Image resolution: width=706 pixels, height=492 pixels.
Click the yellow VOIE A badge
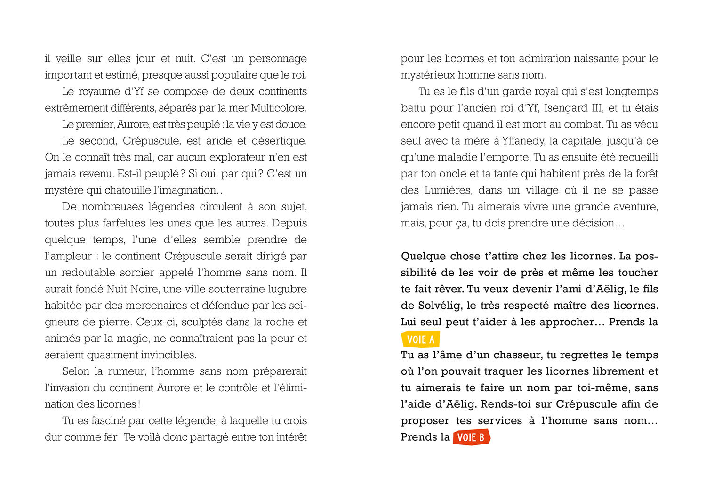420,339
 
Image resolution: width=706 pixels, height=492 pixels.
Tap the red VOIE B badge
471,437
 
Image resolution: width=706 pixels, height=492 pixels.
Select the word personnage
277,59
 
